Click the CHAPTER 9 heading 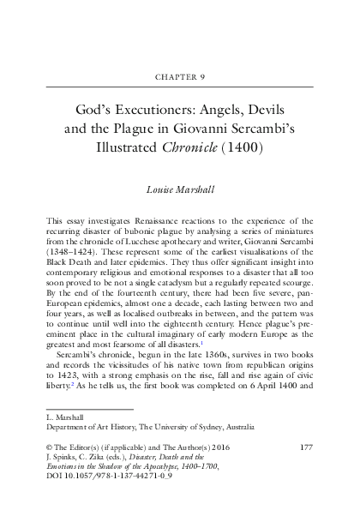pyautogui.click(x=179, y=75)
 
